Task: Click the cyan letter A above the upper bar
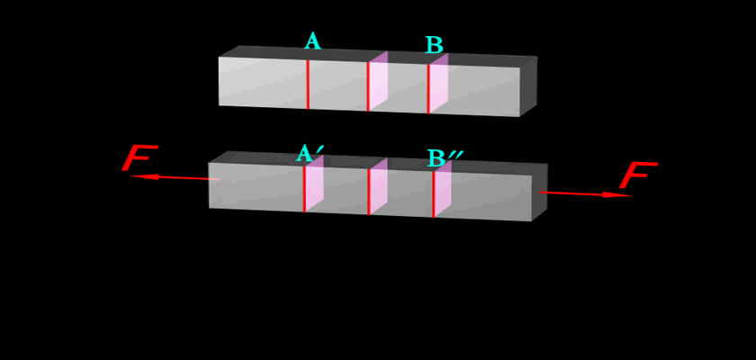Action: (312, 41)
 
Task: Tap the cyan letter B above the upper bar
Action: (434, 45)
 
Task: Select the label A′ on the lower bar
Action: (309, 153)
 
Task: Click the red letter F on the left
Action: (139, 157)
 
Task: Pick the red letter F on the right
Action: (638, 175)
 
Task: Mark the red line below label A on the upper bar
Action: (308, 85)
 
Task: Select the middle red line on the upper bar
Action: (368, 86)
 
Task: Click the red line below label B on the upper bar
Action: (428, 89)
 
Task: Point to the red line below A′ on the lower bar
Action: (304, 189)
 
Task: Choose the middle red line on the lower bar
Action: (369, 192)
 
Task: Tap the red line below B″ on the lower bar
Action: (433, 194)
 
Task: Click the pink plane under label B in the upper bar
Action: (438, 84)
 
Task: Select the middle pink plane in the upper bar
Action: (378, 81)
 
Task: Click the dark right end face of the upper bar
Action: (528, 86)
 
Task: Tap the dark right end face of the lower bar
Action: (539, 193)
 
